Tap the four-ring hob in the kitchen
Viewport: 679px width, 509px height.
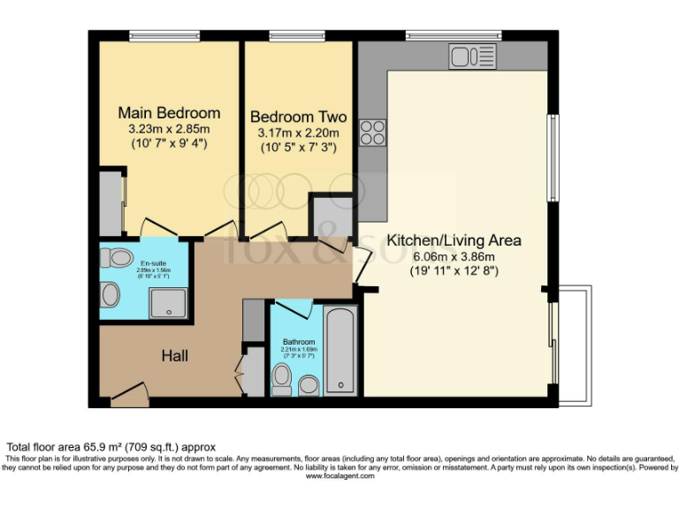[x=372, y=132]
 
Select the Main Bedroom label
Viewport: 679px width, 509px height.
[x=169, y=113]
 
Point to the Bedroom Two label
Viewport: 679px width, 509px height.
[x=298, y=118]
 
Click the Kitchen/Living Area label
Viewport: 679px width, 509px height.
[x=454, y=240]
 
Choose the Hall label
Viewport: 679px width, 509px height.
[x=174, y=356]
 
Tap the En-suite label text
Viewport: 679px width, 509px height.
[x=154, y=263]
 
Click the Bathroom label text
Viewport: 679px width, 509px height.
[x=299, y=342]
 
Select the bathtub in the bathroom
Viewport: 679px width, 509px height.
[x=340, y=351]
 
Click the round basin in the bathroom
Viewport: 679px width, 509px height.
[x=309, y=384]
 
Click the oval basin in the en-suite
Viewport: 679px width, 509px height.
[x=111, y=294]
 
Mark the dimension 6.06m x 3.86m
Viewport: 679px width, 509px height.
[x=454, y=256]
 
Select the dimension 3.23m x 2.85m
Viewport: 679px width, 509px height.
[x=169, y=129]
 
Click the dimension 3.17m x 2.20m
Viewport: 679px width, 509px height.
[x=298, y=133]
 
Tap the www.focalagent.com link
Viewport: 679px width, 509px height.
[x=339, y=476]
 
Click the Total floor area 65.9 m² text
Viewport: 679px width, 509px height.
[x=111, y=447]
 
